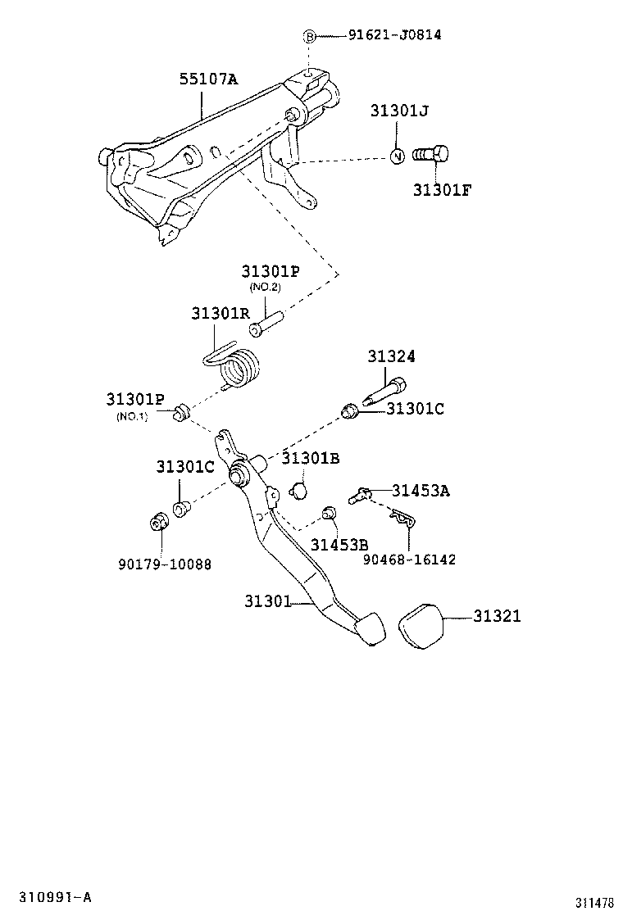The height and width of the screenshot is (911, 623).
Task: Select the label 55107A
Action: tap(208, 79)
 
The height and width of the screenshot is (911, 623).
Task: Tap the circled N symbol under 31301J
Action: tap(397, 156)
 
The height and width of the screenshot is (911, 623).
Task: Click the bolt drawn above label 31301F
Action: tap(430, 154)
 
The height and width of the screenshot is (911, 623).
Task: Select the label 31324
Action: tap(391, 356)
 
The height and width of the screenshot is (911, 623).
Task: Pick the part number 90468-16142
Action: tap(409, 560)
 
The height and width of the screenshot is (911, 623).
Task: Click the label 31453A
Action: tap(420, 491)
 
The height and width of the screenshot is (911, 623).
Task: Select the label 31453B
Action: tap(339, 545)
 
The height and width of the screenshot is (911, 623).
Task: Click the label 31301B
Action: tap(310, 458)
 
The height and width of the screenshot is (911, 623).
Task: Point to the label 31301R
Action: tap(221, 314)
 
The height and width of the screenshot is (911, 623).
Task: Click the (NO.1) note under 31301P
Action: tap(132, 415)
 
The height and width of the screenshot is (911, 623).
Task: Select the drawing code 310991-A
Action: tap(46, 897)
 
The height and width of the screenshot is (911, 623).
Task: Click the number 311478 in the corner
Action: tap(593, 902)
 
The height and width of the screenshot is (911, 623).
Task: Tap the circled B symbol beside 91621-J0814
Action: tap(310, 36)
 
